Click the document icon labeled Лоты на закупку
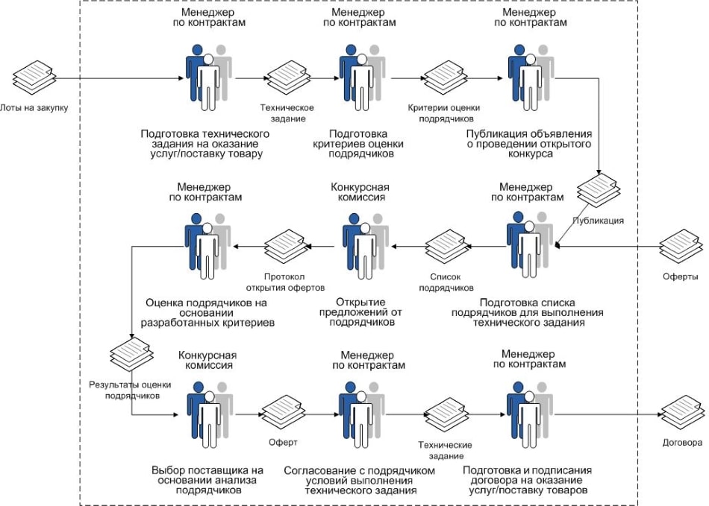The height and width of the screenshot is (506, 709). [34, 78]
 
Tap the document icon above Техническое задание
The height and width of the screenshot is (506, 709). [288, 78]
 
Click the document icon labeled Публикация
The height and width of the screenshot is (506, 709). [599, 191]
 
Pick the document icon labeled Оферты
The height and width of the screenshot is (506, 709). [681, 247]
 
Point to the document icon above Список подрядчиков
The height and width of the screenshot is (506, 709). [448, 247]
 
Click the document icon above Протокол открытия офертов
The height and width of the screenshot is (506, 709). [287, 247]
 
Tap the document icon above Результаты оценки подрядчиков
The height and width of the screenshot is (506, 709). [132, 354]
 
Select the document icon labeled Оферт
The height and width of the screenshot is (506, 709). [284, 413]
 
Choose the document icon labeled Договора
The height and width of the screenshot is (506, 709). [683, 413]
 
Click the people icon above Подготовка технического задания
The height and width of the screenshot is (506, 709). [208, 78]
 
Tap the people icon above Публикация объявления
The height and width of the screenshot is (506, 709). [531, 78]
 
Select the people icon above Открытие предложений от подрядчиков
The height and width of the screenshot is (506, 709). [366, 246]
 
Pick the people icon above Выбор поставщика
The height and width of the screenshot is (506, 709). [210, 414]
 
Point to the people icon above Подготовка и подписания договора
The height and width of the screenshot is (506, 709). [529, 414]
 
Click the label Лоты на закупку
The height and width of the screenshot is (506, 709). [34, 108]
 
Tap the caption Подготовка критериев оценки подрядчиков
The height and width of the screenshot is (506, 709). [358, 144]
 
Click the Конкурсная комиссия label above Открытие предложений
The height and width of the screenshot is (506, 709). [360, 192]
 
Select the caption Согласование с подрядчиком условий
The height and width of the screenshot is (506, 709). [360, 480]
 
